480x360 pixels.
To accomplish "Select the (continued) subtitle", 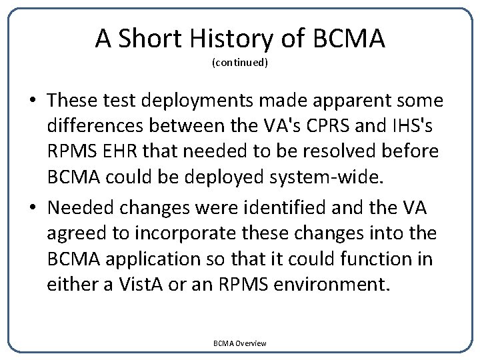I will click(x=240, y=63).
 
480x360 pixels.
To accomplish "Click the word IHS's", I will click(x=417, y=126).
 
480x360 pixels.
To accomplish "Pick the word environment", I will click(x=331, y=285).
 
